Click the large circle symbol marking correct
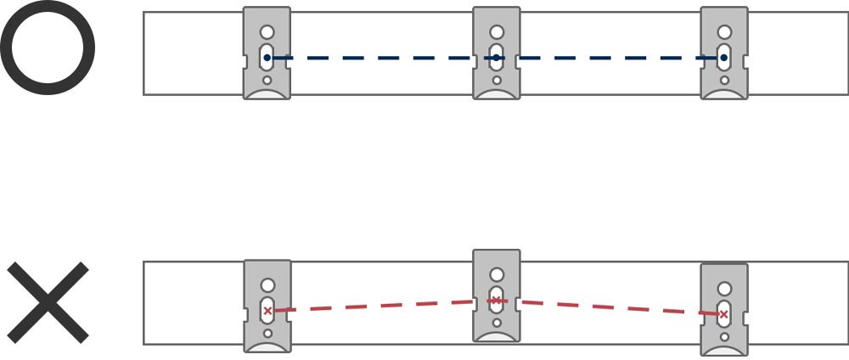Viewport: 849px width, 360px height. tap(47, 48)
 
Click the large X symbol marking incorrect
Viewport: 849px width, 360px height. tap(48, 302)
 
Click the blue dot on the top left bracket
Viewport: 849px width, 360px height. tap(267, 58)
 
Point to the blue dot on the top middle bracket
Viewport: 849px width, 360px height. tap(497, 58)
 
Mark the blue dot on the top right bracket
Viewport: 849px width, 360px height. tap(723, 58)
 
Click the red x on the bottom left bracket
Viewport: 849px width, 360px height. tap(267, 311)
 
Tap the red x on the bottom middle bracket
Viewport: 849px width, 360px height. tap(497, 301)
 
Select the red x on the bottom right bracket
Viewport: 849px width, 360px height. tap(724, 315)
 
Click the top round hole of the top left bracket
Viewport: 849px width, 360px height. tap(267, 32)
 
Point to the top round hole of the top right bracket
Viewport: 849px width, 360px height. tap(724, 32)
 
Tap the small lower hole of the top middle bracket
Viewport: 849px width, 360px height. tap(497, 81)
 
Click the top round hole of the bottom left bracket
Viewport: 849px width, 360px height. tap(267, 285)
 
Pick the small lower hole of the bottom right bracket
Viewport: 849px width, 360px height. tap(724, 337)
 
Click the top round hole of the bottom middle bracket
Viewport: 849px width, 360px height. tap(497, 275)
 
